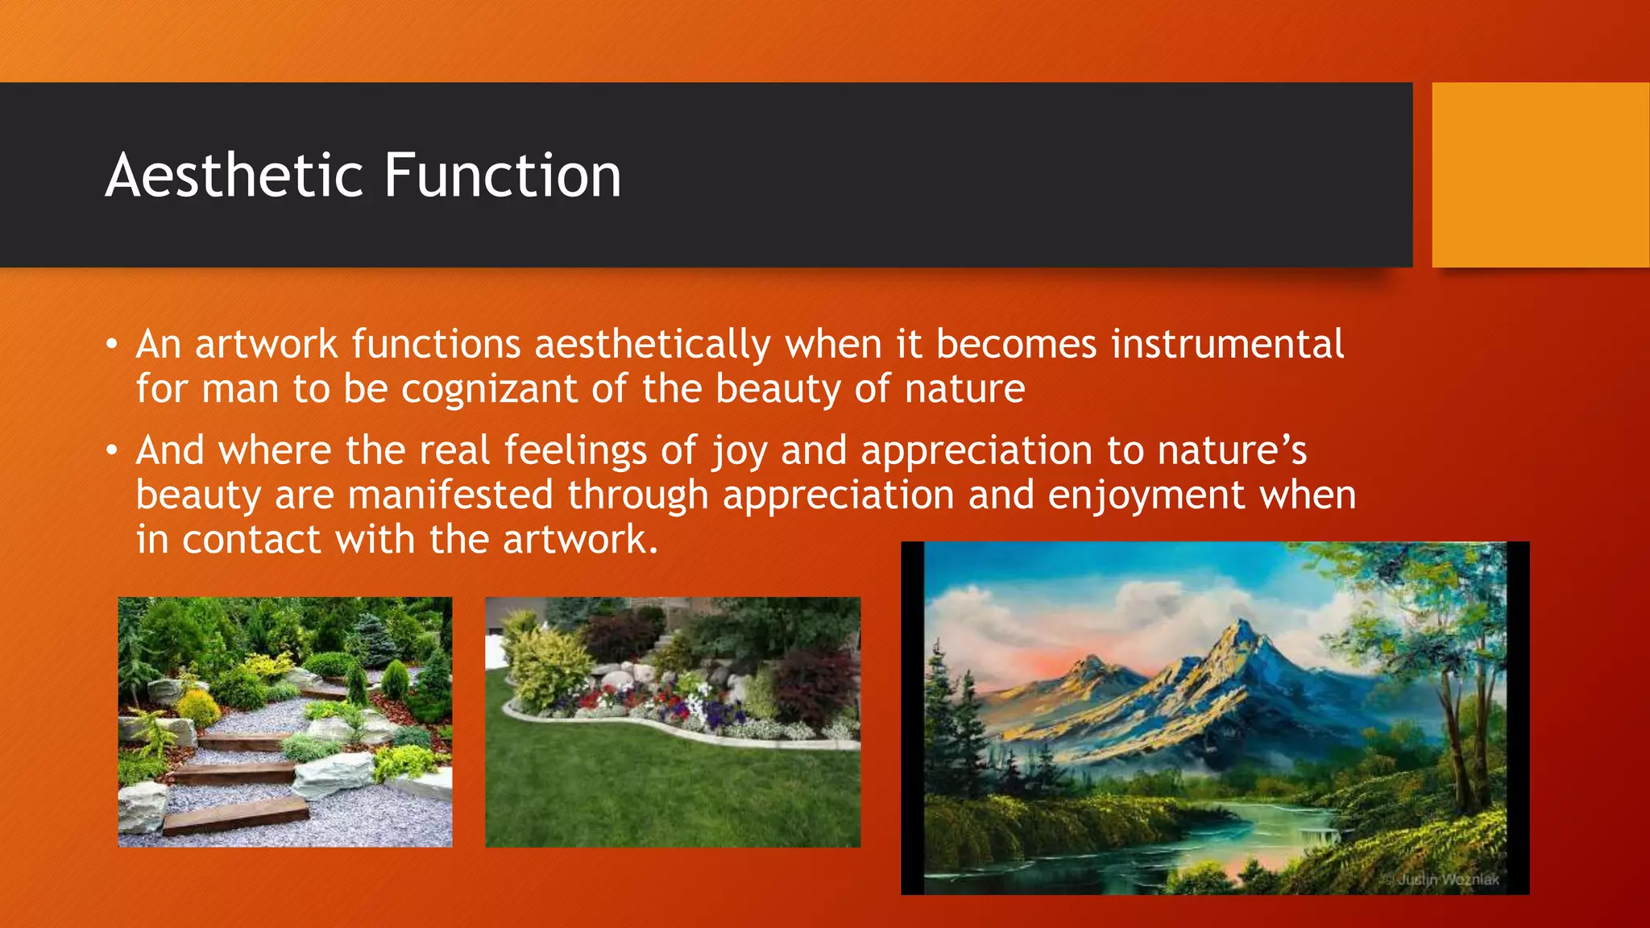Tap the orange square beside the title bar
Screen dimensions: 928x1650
[1540, 175]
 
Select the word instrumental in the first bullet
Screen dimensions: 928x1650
[1227, 345]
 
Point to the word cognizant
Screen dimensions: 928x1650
[489, 390]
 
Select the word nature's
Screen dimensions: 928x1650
[1232, 450]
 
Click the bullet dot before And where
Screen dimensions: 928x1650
[112, 451]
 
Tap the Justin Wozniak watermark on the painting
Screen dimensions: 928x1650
[1447, 880]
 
